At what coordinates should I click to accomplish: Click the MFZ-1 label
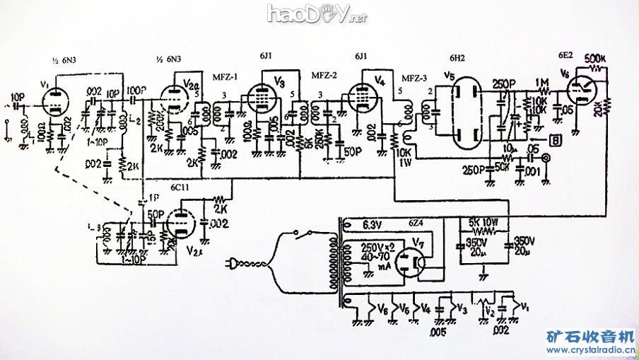(225, 76)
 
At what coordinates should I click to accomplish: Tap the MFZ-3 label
(414, 77)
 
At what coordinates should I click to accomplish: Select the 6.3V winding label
(373, 224)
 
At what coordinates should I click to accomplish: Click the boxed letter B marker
(558, 140)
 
